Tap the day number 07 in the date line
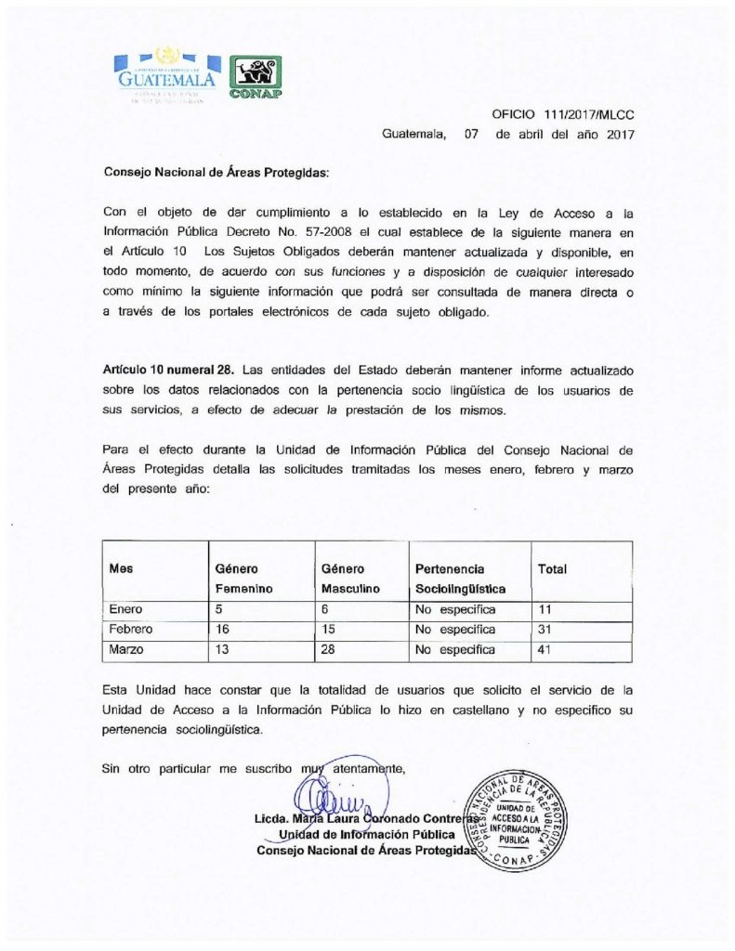(470, 134)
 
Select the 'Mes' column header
(121, 568)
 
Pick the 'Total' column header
(552, 568)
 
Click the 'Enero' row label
(126, 610)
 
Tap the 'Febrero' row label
(131, 630)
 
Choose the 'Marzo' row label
(127, 650)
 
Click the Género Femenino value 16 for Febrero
(223, 630)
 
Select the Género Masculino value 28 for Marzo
(329, 650)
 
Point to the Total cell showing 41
(546, 650)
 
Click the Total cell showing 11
(545, 610)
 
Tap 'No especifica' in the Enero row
(455, 610)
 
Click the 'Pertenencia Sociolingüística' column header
(460, 579)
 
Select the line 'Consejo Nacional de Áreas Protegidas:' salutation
(216, 173)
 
